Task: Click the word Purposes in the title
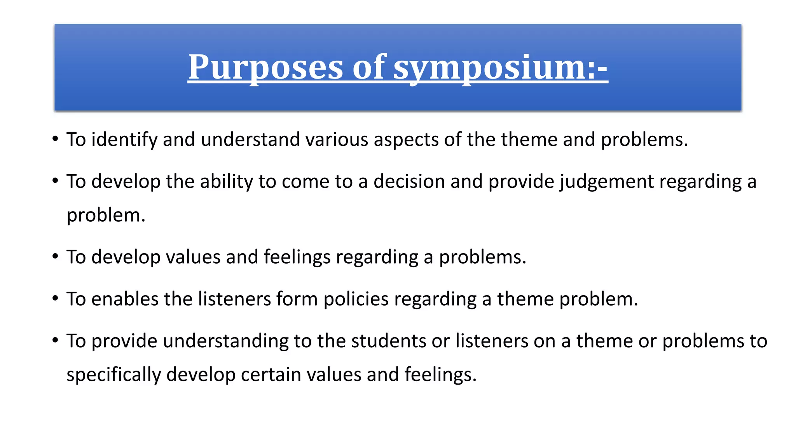pyautogui.click(x=265, y=67)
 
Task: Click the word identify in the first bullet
pyautogui.click(x=124, y=140)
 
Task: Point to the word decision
pyautogui.click(x=409, y=182)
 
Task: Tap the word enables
pyautogui.click(x=125, y=299)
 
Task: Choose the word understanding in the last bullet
pyautogui.click(x=225, y=341)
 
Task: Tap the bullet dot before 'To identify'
pyautogui.click(x=56, y=139)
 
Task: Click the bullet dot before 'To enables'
pyautogui.click(x=56, y=298)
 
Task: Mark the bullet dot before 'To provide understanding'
pyautogui.click(x=56, y=340)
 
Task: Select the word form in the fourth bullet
pyautogui.click(x=297, y=299)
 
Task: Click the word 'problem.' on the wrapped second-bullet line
pyautogui.click(x=106, y=215)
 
